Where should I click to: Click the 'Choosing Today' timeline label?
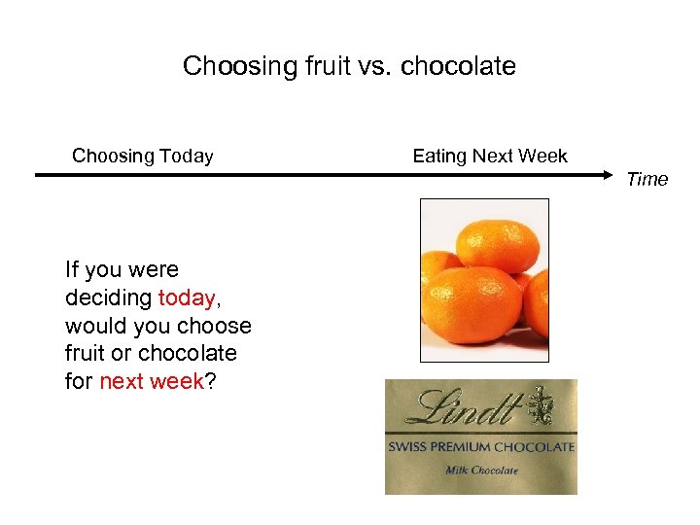tap(143, 156)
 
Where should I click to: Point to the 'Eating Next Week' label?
tap(490, 156)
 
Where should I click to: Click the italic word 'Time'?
tap(647, 179)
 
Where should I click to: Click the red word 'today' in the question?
tap(186, 297)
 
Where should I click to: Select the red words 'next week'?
tap(152, 381)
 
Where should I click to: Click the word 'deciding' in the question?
tap(108, 297)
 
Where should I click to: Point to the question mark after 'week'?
tap(211, 381)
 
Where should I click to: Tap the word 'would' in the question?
tap(94, 326)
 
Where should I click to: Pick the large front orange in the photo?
tap(473, 304)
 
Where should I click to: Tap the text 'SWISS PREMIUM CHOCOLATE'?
tap(481, 447)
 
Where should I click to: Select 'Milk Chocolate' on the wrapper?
tap(481, 471)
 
